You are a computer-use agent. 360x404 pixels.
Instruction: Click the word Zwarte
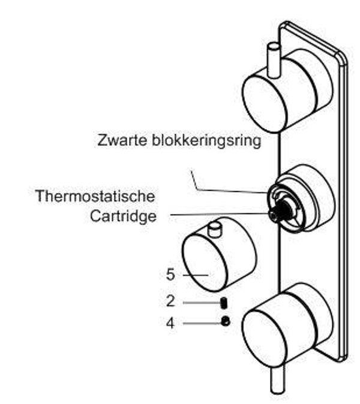tap(122, 141)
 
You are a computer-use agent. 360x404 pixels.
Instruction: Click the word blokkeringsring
tap(206, 141)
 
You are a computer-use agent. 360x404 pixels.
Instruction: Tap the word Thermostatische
tap(95, 196)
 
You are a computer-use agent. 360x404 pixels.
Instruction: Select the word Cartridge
tap(123, 216)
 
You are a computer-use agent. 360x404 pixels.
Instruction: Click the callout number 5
tap(170, 275)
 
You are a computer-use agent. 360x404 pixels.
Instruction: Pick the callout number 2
tap(170, 301)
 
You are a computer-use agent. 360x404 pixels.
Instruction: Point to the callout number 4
tap(170, 323)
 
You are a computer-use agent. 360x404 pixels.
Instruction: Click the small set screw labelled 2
tap(224, 303)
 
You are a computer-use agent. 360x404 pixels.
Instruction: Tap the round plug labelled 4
tap(226, 321)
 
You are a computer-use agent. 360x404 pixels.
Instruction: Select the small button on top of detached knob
tap(215, 230)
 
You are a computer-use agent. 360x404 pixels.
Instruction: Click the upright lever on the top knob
tap(274, 61)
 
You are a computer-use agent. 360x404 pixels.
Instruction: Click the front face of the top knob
tap(265, 102)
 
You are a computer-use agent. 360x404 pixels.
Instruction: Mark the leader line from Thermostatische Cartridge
tap(219, 214)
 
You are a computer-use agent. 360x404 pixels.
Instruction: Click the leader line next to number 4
tap(202, 323)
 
